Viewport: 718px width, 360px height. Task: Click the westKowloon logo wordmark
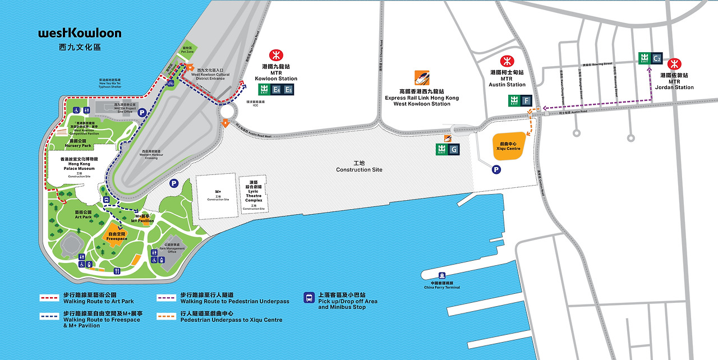[x=80, y=33]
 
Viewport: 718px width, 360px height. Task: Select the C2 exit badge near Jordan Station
[x=657, y=57]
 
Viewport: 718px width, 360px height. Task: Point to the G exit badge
[x=453, y=149]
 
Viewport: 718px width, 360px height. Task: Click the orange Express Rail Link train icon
[x=422, y=77]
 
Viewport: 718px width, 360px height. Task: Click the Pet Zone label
[x=187, y=50]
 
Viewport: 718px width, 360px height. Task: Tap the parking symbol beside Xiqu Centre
[x=496, y=170]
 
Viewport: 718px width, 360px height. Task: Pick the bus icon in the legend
[x=309, y=298]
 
